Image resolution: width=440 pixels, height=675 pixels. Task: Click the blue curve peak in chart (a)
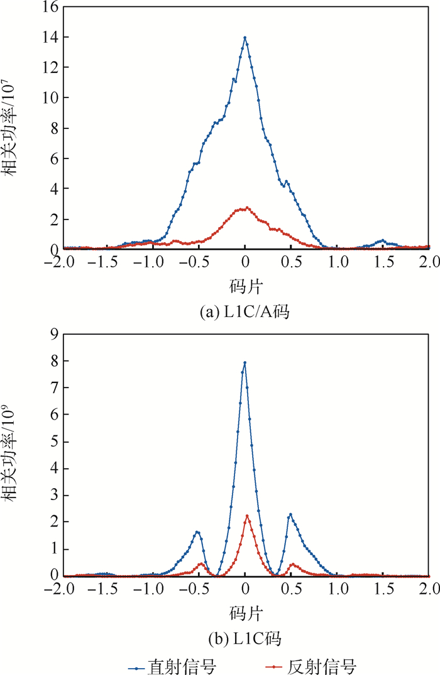tap(245, 38)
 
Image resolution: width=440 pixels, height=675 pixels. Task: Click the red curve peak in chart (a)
tap(248, 208)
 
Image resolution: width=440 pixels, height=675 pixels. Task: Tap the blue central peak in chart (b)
tap(245, 362)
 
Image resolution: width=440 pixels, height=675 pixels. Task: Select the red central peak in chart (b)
tap(247, 516)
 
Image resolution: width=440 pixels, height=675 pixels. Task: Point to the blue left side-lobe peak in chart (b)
tap(197, 532)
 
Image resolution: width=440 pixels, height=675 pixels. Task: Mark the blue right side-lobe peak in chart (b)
tap(290, 515)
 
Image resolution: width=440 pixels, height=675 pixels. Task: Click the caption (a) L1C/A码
tap(245, 311)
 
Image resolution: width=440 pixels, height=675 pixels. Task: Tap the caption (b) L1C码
tap(245, 639)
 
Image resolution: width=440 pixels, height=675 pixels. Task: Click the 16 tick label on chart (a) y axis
tap(48, 8)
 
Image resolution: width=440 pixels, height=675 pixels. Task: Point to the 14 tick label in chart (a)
tap(48, 38)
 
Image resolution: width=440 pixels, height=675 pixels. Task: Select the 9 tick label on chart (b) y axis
tap(52, 335)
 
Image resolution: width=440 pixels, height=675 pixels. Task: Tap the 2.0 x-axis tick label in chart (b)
tap(429, 589)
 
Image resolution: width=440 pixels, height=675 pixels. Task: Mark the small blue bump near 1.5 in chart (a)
tap(382, 241)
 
